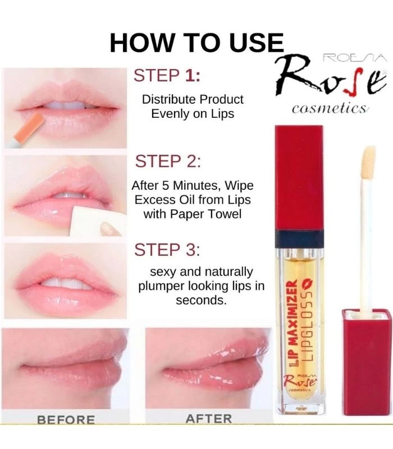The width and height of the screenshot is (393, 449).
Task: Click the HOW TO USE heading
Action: coord(196,43)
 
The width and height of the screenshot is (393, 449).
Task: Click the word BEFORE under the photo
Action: coord(66,419)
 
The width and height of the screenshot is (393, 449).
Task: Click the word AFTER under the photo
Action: coord(208,419)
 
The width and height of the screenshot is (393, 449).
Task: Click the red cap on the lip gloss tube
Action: coord(299,174)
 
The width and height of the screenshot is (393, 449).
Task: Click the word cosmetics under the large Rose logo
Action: coord(330,108)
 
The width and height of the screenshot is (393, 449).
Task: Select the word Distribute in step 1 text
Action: coord(167,99)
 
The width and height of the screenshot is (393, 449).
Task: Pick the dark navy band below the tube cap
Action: coord(299,238)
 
